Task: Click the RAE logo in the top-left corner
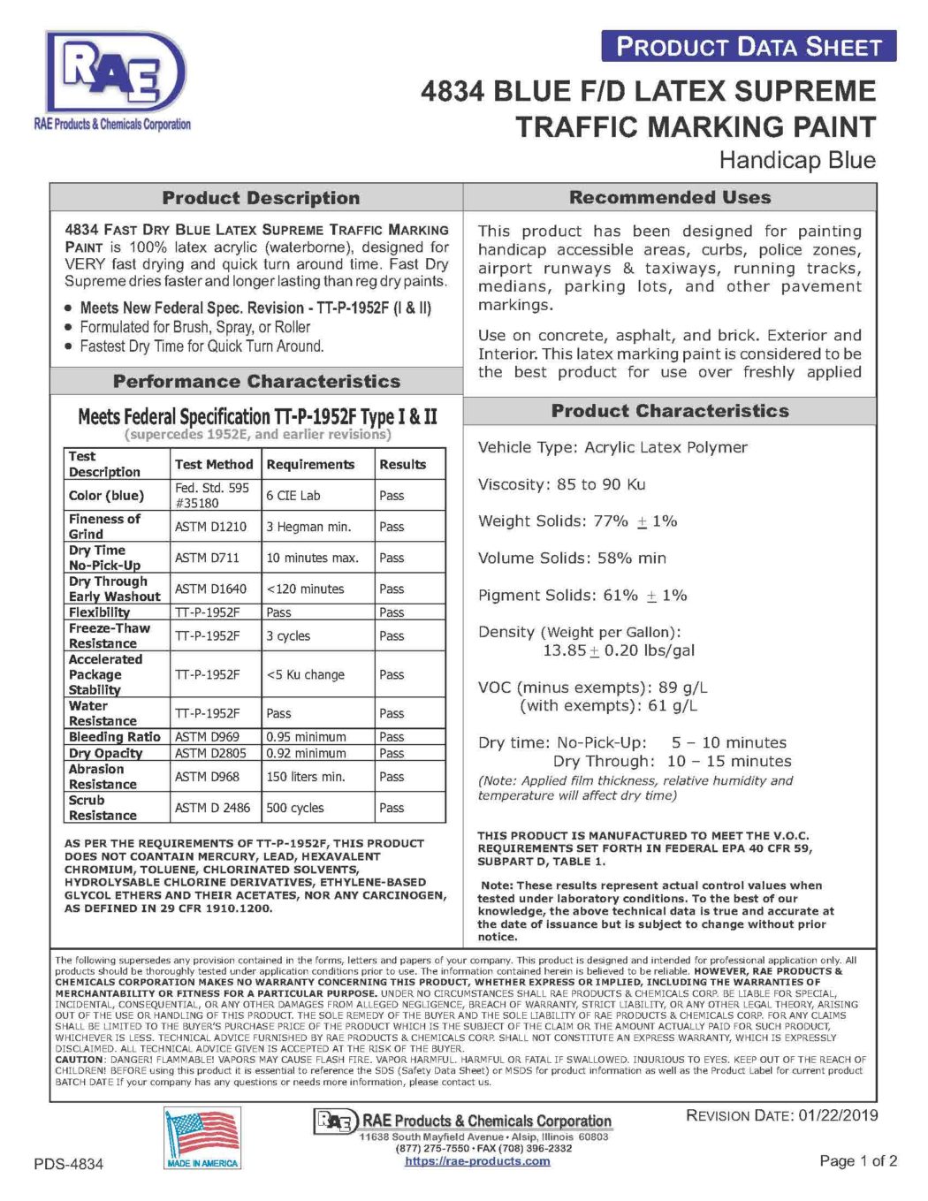[115, 75]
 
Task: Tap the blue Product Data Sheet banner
[749, 47]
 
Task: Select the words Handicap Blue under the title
[797, 160]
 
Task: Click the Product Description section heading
[261, 198]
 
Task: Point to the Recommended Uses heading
[670, 197]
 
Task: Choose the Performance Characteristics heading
[256, 382]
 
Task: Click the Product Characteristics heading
[670, 411]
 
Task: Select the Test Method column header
[214, 464]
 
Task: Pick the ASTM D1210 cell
[211, 527]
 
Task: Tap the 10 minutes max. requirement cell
[313, 558]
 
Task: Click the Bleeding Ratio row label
[115, 737]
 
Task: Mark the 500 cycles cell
[295, 808]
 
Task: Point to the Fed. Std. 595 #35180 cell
[212, 495]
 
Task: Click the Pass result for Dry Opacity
[392, 753]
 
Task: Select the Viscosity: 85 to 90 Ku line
[562, 484]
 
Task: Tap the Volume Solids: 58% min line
[573, 559]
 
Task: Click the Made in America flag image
[202, 1138]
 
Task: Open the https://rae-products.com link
[477, 1161]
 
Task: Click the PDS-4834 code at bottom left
[69, 1164]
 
